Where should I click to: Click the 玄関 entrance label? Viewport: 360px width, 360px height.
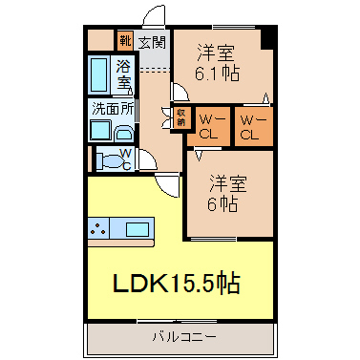pyautogui.click(x=152, y=41)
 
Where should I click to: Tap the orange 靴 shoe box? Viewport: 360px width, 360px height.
pyautogui.click(x=124, y=41)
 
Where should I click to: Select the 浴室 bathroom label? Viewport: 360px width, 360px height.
pyautogui.click(x=124, y=74)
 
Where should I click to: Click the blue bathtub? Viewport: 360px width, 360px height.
pyautogui.click(x=98, y=74)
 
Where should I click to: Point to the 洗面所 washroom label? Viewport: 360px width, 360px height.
pyautogui.click(x=111, y=109)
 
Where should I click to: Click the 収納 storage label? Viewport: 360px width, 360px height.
pyautogui.click(x=180, y=117)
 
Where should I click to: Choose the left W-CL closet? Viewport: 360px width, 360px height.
pyautogui.click(x=210, y=127)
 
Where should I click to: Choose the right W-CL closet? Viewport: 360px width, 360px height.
pyautogui.click(x=250, y=127)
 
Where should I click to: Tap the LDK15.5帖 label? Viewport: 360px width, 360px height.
pyautogui.click(x=177, y=284)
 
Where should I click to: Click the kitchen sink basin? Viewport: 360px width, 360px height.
pyautogui.click(x=138, y=229)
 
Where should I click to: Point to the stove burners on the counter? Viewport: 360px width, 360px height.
pyautogui.click(x=99, y=229)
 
